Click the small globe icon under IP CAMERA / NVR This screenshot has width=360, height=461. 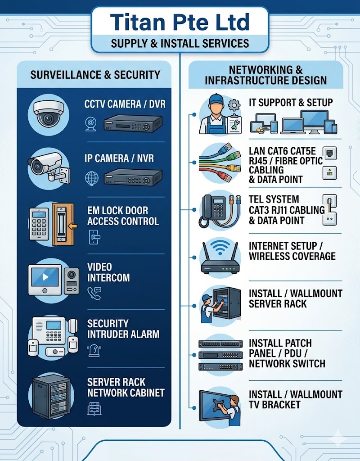click(x=92, y=178)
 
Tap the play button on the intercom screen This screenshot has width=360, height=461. click(x=45, y=277)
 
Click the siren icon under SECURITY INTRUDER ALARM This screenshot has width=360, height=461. click(x=94, y=351)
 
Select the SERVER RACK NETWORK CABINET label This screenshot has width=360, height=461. click(x=126, y=387)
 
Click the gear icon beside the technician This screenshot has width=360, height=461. click(x=234, y=105)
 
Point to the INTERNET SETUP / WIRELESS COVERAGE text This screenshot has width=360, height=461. click(x=292, y=251)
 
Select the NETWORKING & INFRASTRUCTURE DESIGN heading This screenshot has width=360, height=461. click(x=265, y=75)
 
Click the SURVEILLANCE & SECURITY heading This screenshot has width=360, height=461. click(x=95, y=75)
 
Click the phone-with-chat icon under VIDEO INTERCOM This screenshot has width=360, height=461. click(x=94, y=293)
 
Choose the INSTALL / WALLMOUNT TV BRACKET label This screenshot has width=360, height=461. click(x=295, y=399)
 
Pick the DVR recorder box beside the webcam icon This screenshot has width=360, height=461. click(x=133, y=123)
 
